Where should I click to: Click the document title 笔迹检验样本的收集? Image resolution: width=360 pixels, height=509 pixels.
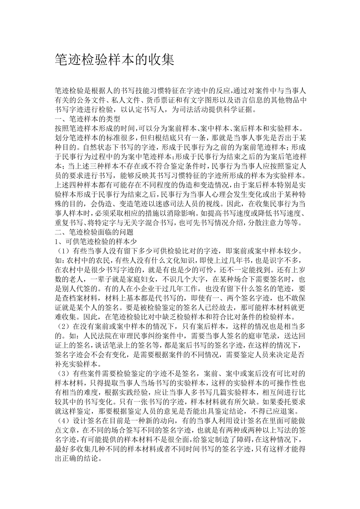click(x=115, y=59)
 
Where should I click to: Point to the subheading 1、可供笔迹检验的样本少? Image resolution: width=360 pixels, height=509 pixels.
click(x=96, y=241)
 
